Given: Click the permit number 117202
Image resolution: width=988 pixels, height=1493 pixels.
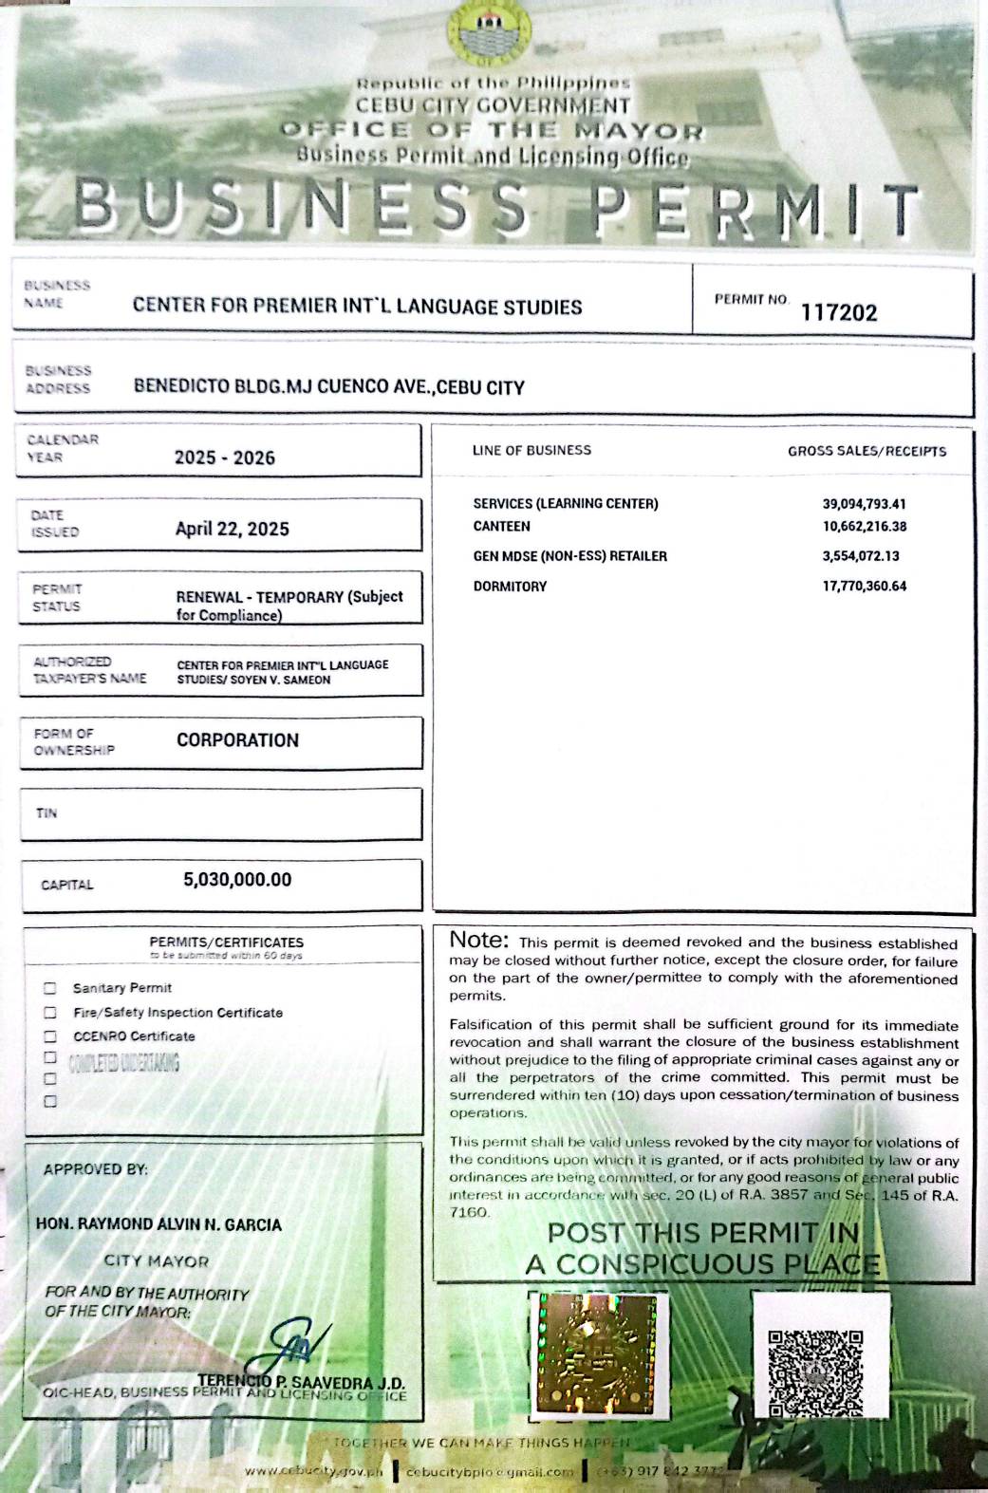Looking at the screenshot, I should (x=839, y=312).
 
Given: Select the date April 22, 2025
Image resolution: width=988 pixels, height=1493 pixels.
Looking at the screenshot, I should (x=233, y=529).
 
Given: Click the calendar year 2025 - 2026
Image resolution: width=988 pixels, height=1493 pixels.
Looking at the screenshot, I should (x=225, y=457).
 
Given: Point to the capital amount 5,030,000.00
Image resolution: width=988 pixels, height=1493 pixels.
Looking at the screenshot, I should (x=237, y=880).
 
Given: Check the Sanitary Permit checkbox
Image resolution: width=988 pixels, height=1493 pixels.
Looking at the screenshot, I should (x=50, y=988).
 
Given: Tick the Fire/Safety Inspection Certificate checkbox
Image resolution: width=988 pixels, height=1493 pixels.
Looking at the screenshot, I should (x=50, y=1013).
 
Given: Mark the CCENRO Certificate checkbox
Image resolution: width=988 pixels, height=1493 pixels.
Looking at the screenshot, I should (x=50, y=1036).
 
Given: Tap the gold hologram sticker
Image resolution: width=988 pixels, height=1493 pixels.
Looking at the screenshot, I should (x=598, y=1352).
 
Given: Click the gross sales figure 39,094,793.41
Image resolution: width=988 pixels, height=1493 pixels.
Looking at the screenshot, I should (x=864, y=504).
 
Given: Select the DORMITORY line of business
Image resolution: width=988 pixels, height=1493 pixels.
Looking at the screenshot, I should (x=510, y=587).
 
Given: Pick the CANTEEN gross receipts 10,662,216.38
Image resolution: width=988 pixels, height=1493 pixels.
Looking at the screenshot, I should (x=864, y=527).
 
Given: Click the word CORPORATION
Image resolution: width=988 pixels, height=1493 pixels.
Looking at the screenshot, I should (x=237, y=740).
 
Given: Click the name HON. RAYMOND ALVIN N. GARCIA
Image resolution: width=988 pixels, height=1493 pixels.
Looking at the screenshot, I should (x=158, y=1224).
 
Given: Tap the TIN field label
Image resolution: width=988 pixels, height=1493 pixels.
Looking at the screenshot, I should (x=47, y=813).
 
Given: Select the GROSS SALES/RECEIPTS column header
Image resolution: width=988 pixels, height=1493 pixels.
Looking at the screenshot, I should (x=867, y=451).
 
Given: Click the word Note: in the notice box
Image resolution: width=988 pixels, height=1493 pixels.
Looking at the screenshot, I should (x=479, y=941).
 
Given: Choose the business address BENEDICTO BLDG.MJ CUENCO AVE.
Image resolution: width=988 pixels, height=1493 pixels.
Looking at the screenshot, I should (x=328, y=387).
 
